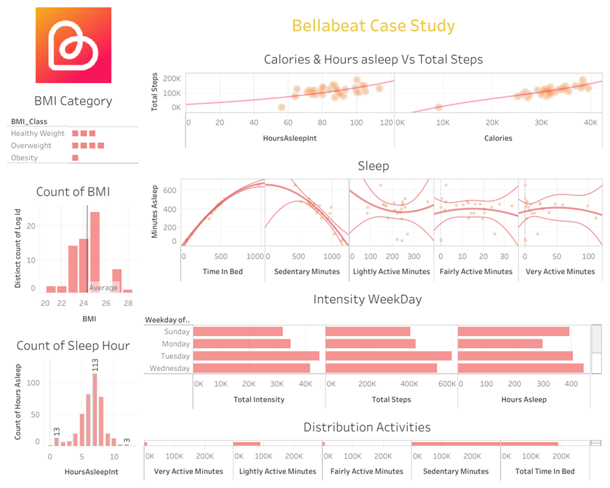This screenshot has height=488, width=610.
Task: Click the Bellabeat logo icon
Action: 73,45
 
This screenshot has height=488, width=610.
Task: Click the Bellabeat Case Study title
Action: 373,26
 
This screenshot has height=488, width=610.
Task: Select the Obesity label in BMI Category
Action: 24,158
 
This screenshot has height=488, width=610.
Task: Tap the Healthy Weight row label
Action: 38,133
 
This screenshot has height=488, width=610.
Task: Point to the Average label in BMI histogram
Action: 103,287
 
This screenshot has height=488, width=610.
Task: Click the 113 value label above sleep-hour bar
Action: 96,365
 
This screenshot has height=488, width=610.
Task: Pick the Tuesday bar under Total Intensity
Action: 256,356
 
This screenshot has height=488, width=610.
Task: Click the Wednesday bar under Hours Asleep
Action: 521,368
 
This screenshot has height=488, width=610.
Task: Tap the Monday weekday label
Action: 176,344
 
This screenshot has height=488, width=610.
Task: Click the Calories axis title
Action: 498,138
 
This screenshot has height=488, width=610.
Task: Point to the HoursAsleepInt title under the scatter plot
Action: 290,138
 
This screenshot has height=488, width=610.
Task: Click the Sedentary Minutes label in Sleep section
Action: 307,271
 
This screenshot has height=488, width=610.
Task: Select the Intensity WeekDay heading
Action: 367,300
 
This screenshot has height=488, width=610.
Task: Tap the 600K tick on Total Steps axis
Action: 447,384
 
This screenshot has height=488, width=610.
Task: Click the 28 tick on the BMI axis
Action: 128,303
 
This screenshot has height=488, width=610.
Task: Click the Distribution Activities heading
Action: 367,427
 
